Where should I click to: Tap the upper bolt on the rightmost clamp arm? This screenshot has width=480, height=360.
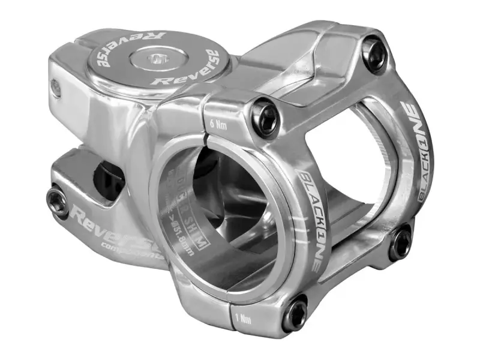tap(374, 46)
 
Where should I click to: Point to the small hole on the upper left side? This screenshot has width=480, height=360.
tap(56, 88)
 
